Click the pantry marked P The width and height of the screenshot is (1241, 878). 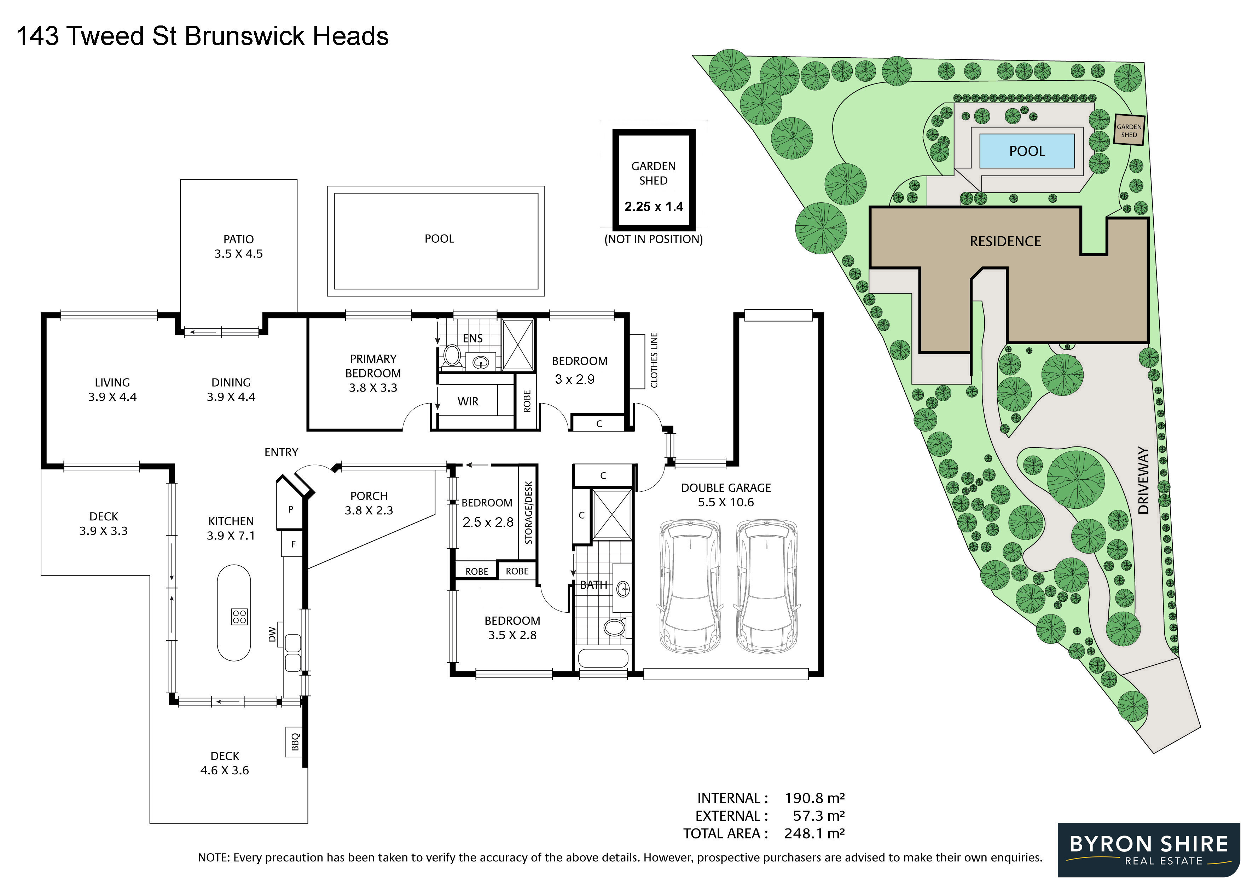pyautogui.click(x=290, y=509)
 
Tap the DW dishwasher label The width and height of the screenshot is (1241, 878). pyautogui.click(x=272, y=634)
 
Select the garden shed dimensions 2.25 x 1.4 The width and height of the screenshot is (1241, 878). pyautogui.click(x=654, y=207)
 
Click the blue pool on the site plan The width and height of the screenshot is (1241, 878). pyautogui.click(x=1026, y=151)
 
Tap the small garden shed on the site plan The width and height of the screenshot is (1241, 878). pyautogui.click(x=1129, y=130)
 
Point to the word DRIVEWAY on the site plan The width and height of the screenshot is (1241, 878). pyautogui.click(x=1143, y=480)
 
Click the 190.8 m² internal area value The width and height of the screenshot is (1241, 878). pyautogui.click(x=814, y=798)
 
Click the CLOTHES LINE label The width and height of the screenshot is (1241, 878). pyautogui.click(x=654, y=360)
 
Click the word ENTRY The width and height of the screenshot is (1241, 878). pyautogui.click(x=281, y=452)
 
